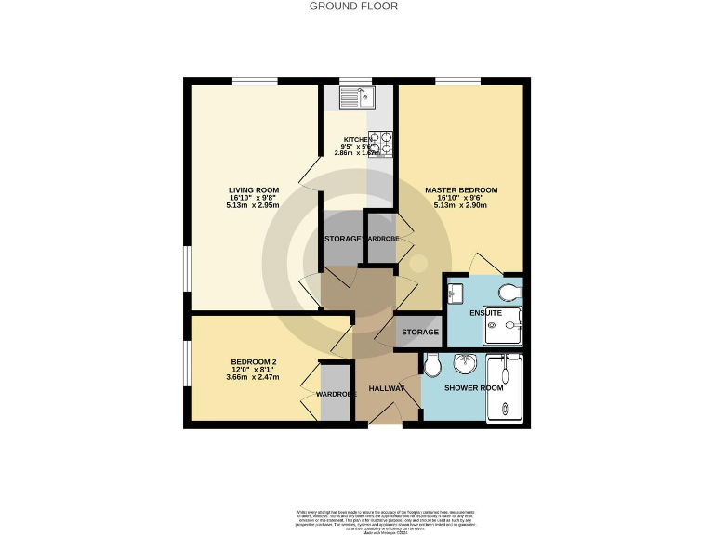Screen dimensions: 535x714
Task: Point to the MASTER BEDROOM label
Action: (x=461, y=189)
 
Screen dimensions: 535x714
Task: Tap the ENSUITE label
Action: (x=485, y=313)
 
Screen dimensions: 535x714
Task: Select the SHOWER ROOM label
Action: (x=474, y=387)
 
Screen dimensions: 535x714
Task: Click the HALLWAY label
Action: (x=386, y=387)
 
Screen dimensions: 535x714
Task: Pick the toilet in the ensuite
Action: (x=509, y=293)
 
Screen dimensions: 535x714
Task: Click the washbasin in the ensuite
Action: (x=456, y=294)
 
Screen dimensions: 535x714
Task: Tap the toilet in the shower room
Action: (x=431, y=368)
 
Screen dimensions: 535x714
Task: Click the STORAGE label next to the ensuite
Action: (x=420, y=332)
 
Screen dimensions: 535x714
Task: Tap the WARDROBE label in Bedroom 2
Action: (x=337, y=394)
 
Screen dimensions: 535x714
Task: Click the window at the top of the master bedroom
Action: (x=451, y=81)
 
